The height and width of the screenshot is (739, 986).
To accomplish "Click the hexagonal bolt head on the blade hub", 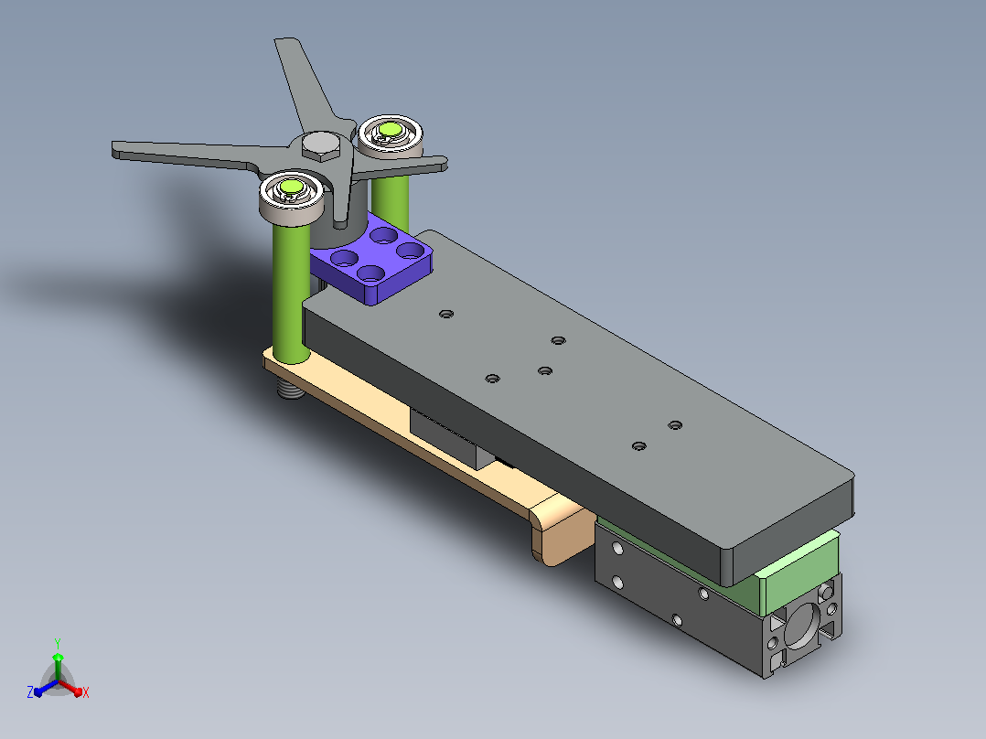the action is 321,146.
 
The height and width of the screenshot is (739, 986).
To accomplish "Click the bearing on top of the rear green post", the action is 391,136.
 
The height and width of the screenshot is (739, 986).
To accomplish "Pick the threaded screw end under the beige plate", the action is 289,388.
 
